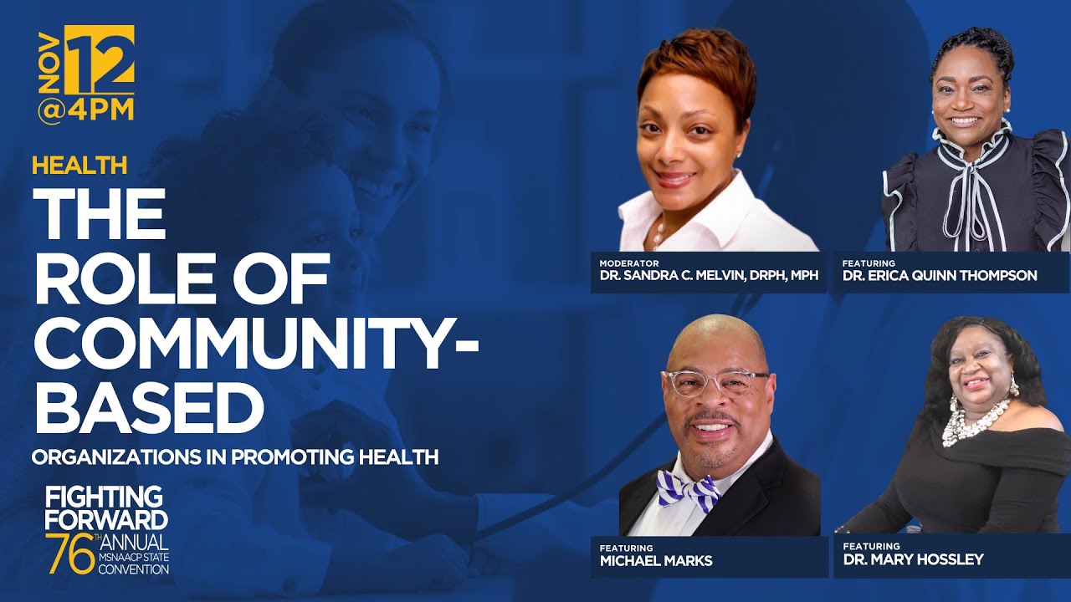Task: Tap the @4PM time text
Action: tap(85, 110)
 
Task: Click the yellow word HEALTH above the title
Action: tap(79, 165)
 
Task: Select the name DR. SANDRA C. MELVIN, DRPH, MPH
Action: tap(708, 276)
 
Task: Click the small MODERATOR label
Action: tap(630, 263)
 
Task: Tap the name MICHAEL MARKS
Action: tap(656, 561)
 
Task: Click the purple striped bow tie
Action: tap(687, 490)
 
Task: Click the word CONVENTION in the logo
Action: tap(134, 569)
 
